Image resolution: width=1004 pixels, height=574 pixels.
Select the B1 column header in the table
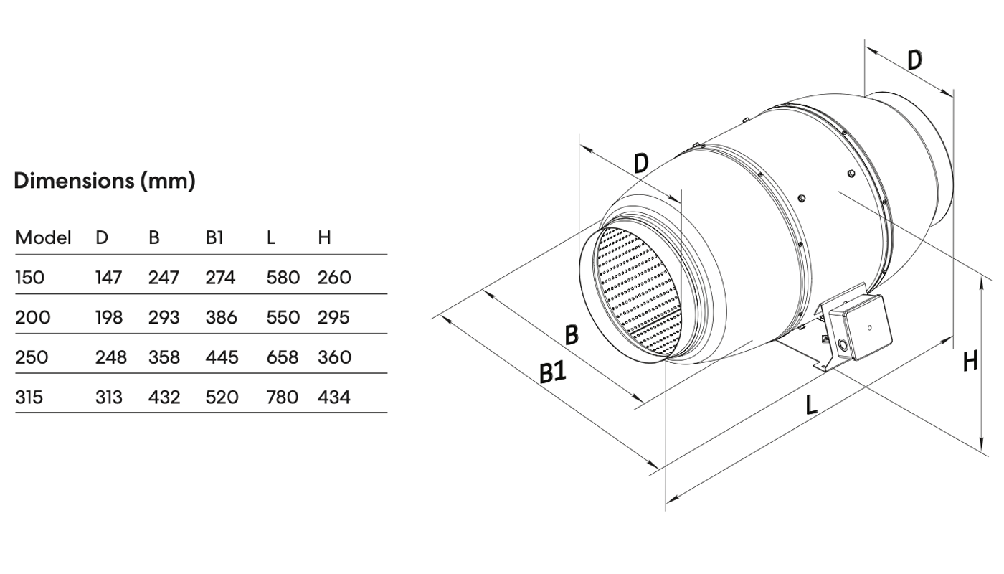click(x=214, y=237)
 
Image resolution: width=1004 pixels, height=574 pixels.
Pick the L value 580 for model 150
click(x=282, y=278)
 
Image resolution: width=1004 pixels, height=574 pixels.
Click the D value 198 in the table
click(x=109, y=317)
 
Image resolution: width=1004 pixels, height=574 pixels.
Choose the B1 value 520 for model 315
click(x=222, y=397)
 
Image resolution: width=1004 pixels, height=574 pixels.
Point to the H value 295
click(x=333, y=317)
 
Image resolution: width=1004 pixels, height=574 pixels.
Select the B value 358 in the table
click(x=164, y=357)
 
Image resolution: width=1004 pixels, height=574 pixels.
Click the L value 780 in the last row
click(x=282, y=397)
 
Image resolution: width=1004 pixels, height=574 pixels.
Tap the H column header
click(x=324, y=237)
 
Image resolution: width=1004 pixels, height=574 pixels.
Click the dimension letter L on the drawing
click(x=811, y=405)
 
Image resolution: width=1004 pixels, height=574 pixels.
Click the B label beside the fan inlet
click(x=572, y=334)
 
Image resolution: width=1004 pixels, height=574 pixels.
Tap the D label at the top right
click(x=914, y=60)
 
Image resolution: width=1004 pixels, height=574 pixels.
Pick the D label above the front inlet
click(x=641, y=164)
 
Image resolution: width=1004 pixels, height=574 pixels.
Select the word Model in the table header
click(x=43, y=237)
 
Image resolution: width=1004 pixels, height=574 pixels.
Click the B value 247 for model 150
click(x=164, y=278)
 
